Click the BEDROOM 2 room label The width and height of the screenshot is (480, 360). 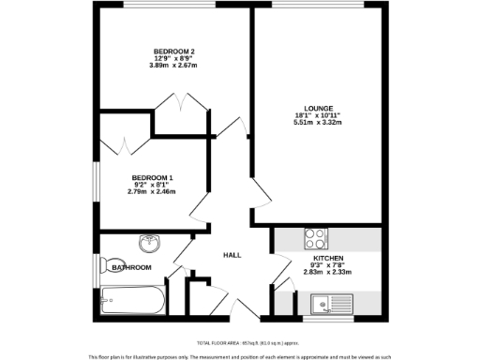(173, 51)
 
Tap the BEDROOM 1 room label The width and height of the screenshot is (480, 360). (152, 178)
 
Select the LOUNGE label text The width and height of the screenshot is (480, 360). (319, 108)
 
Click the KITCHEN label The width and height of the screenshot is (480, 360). (328, 258)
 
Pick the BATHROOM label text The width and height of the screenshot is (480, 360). (131, 268)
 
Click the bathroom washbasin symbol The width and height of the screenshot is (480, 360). (148, 245)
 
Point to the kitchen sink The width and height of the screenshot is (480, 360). (329, 303)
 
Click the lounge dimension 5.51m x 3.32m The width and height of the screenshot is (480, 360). (319, 123)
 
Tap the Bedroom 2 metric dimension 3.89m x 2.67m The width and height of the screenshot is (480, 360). (173, 66)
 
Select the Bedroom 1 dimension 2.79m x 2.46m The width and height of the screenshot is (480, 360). (152, 192)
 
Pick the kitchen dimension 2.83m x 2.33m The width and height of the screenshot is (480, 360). (328, 272)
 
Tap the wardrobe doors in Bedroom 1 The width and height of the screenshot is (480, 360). (123, 147)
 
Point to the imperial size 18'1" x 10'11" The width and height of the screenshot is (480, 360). (319, 115)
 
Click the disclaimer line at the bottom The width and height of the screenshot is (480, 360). (240, 356)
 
